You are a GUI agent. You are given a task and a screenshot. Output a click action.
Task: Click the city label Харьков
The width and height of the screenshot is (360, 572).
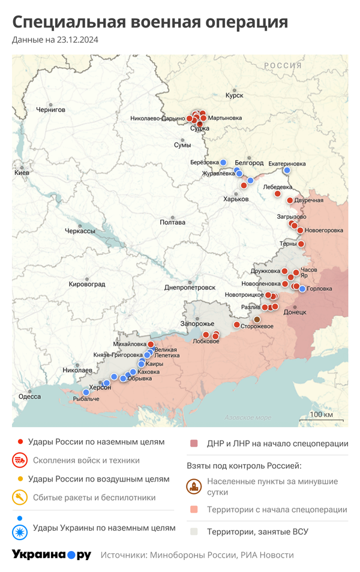tap(236, 199)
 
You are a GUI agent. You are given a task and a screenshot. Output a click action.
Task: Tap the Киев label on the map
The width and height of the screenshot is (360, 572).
tap(22, 173)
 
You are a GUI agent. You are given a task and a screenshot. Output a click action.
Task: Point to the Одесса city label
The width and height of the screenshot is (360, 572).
tap(30, 396)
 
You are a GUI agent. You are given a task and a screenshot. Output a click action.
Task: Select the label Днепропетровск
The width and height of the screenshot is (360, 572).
tap(190, 287)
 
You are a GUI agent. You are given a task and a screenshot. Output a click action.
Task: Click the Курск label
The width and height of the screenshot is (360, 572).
tap(234, 95)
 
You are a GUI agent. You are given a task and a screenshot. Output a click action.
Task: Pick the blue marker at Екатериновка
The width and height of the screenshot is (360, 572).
tap(287, 170)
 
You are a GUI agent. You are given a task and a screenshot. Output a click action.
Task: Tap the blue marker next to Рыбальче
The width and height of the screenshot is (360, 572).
tap(86, 392)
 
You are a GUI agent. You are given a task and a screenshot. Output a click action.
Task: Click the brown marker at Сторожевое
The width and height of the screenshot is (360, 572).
tap(257, 319)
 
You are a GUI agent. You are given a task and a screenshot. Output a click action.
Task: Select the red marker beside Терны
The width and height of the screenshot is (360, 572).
tap(301, 244)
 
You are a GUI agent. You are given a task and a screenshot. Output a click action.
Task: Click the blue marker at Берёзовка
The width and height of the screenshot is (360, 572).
tap(223, 162)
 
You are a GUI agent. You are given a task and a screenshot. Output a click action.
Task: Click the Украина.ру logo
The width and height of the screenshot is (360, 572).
tap(52, 555)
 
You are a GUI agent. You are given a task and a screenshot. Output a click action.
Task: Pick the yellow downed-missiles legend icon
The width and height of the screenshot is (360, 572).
tap(20, 498)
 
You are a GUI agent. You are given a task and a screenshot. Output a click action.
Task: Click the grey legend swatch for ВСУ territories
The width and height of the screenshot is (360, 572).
tap(194, 531)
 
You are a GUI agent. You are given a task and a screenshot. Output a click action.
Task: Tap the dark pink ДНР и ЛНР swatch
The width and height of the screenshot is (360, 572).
tap(194, 444)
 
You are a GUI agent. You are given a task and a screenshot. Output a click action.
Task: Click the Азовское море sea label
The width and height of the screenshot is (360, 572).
tap(247, 417)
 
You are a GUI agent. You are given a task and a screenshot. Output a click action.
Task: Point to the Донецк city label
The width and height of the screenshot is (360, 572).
tap(295, 312)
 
